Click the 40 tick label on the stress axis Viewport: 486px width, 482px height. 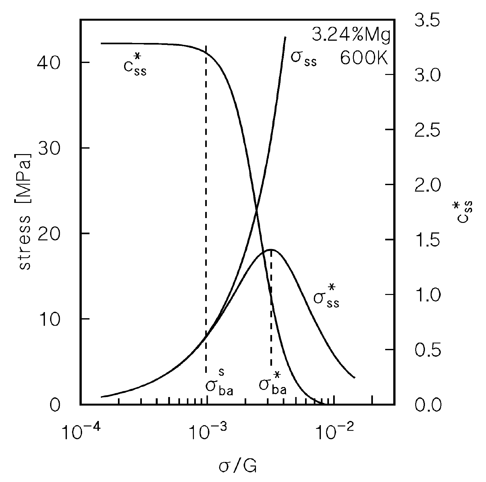[48, 63]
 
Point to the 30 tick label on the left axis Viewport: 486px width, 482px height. [48, 148]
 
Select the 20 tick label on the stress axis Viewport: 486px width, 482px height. [48, 234]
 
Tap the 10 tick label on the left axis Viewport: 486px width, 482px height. [48, 319]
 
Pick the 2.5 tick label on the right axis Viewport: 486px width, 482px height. [428, 130]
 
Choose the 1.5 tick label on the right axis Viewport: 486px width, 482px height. [428, 240]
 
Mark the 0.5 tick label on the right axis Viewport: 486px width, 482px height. [428, 350]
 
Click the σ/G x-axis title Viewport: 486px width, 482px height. [238, 466]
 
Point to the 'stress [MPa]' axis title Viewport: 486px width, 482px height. [24, 211]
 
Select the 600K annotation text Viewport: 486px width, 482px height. [364, 58]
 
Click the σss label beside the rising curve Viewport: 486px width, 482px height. [303, 58]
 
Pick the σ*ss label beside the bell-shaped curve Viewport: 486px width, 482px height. [326, 296]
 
